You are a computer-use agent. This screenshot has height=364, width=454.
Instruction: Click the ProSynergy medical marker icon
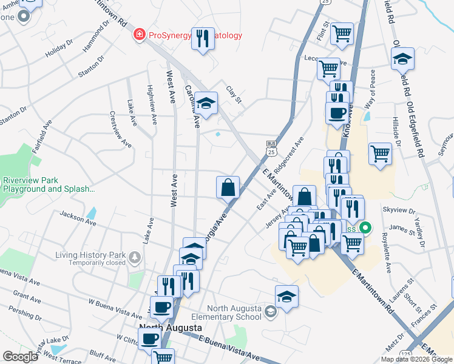140,35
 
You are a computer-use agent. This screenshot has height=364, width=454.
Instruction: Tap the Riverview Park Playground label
49,184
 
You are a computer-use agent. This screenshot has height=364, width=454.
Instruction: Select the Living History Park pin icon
134,258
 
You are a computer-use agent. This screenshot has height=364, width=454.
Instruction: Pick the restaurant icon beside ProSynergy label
203,38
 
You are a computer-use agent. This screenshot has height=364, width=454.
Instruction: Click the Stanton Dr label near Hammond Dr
91,66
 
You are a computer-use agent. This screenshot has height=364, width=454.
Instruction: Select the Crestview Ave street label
120,129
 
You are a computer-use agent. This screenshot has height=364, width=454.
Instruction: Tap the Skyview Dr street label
399,210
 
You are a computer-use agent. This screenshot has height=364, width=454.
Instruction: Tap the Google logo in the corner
20,356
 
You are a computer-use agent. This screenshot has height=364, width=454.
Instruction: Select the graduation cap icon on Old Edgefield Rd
402,59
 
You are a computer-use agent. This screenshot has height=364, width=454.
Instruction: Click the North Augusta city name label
170,328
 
